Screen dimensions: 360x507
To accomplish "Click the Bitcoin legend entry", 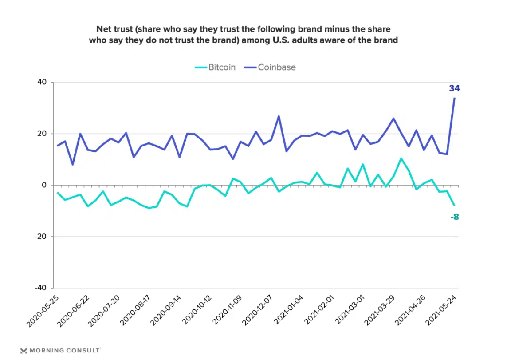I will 216,67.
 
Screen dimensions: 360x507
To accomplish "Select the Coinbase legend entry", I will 270,67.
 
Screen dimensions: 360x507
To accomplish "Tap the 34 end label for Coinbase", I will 454,88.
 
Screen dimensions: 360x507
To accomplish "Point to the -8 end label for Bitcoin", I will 454,217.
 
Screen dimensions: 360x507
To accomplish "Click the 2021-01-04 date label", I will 289,311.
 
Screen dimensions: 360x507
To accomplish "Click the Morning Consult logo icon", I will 24,351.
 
